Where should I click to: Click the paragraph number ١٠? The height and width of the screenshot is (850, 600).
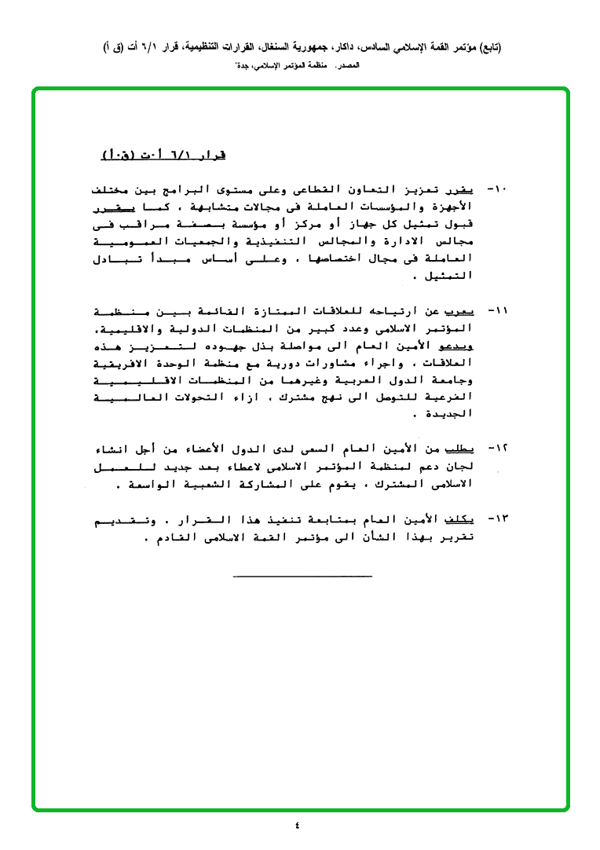pos(498,191)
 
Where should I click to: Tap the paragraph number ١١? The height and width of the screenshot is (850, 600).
pos(498,310)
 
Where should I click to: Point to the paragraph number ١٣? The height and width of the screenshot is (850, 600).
pos(498,521)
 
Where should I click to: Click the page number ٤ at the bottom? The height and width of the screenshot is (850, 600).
pos(298,824)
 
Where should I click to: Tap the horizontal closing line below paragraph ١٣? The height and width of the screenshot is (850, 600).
pos(302,578)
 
